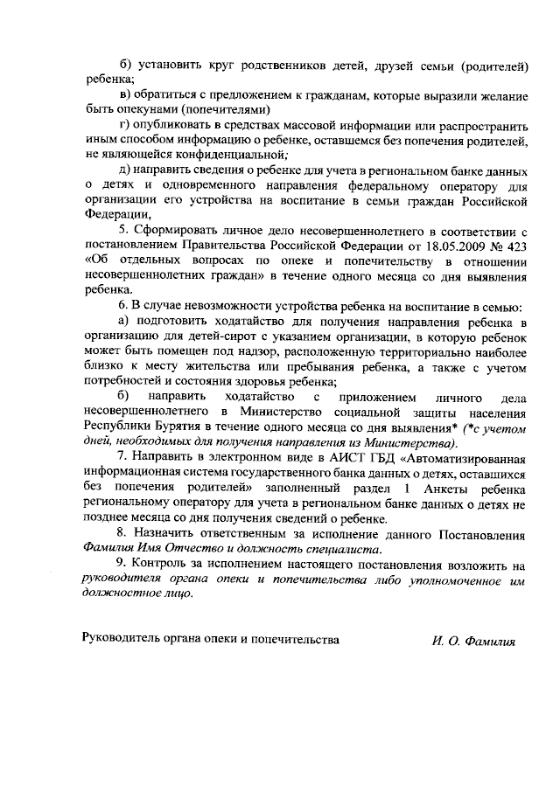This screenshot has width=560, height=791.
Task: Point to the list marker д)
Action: tap(124, 170)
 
